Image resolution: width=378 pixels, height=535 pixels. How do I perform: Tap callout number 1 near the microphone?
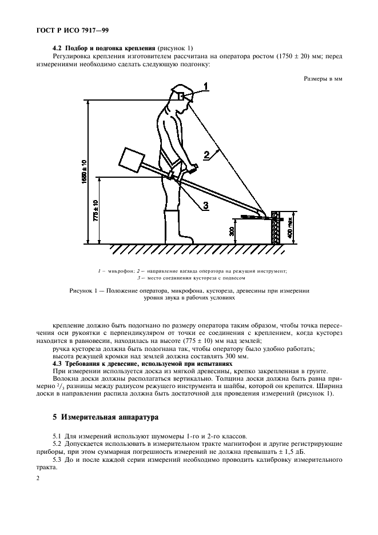[206, 86]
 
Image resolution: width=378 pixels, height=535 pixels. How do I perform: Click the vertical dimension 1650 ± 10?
[85, 171]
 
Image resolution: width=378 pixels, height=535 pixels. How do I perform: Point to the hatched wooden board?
[277, 226]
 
